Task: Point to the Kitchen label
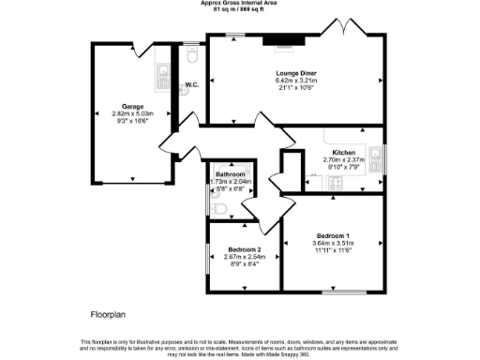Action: click(x=343, y=152)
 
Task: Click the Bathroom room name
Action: click(x=230, y=174)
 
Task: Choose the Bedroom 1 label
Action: click(x=333, y=234)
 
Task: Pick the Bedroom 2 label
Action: click(x=243, y=249)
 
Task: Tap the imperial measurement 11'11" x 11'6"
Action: click(x=333, y=249)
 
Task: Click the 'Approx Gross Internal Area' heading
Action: click(x=240, y=3)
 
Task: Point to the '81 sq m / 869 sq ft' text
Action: click(x=240, y=9)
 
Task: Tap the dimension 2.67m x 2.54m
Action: click(x=243, y=257)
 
